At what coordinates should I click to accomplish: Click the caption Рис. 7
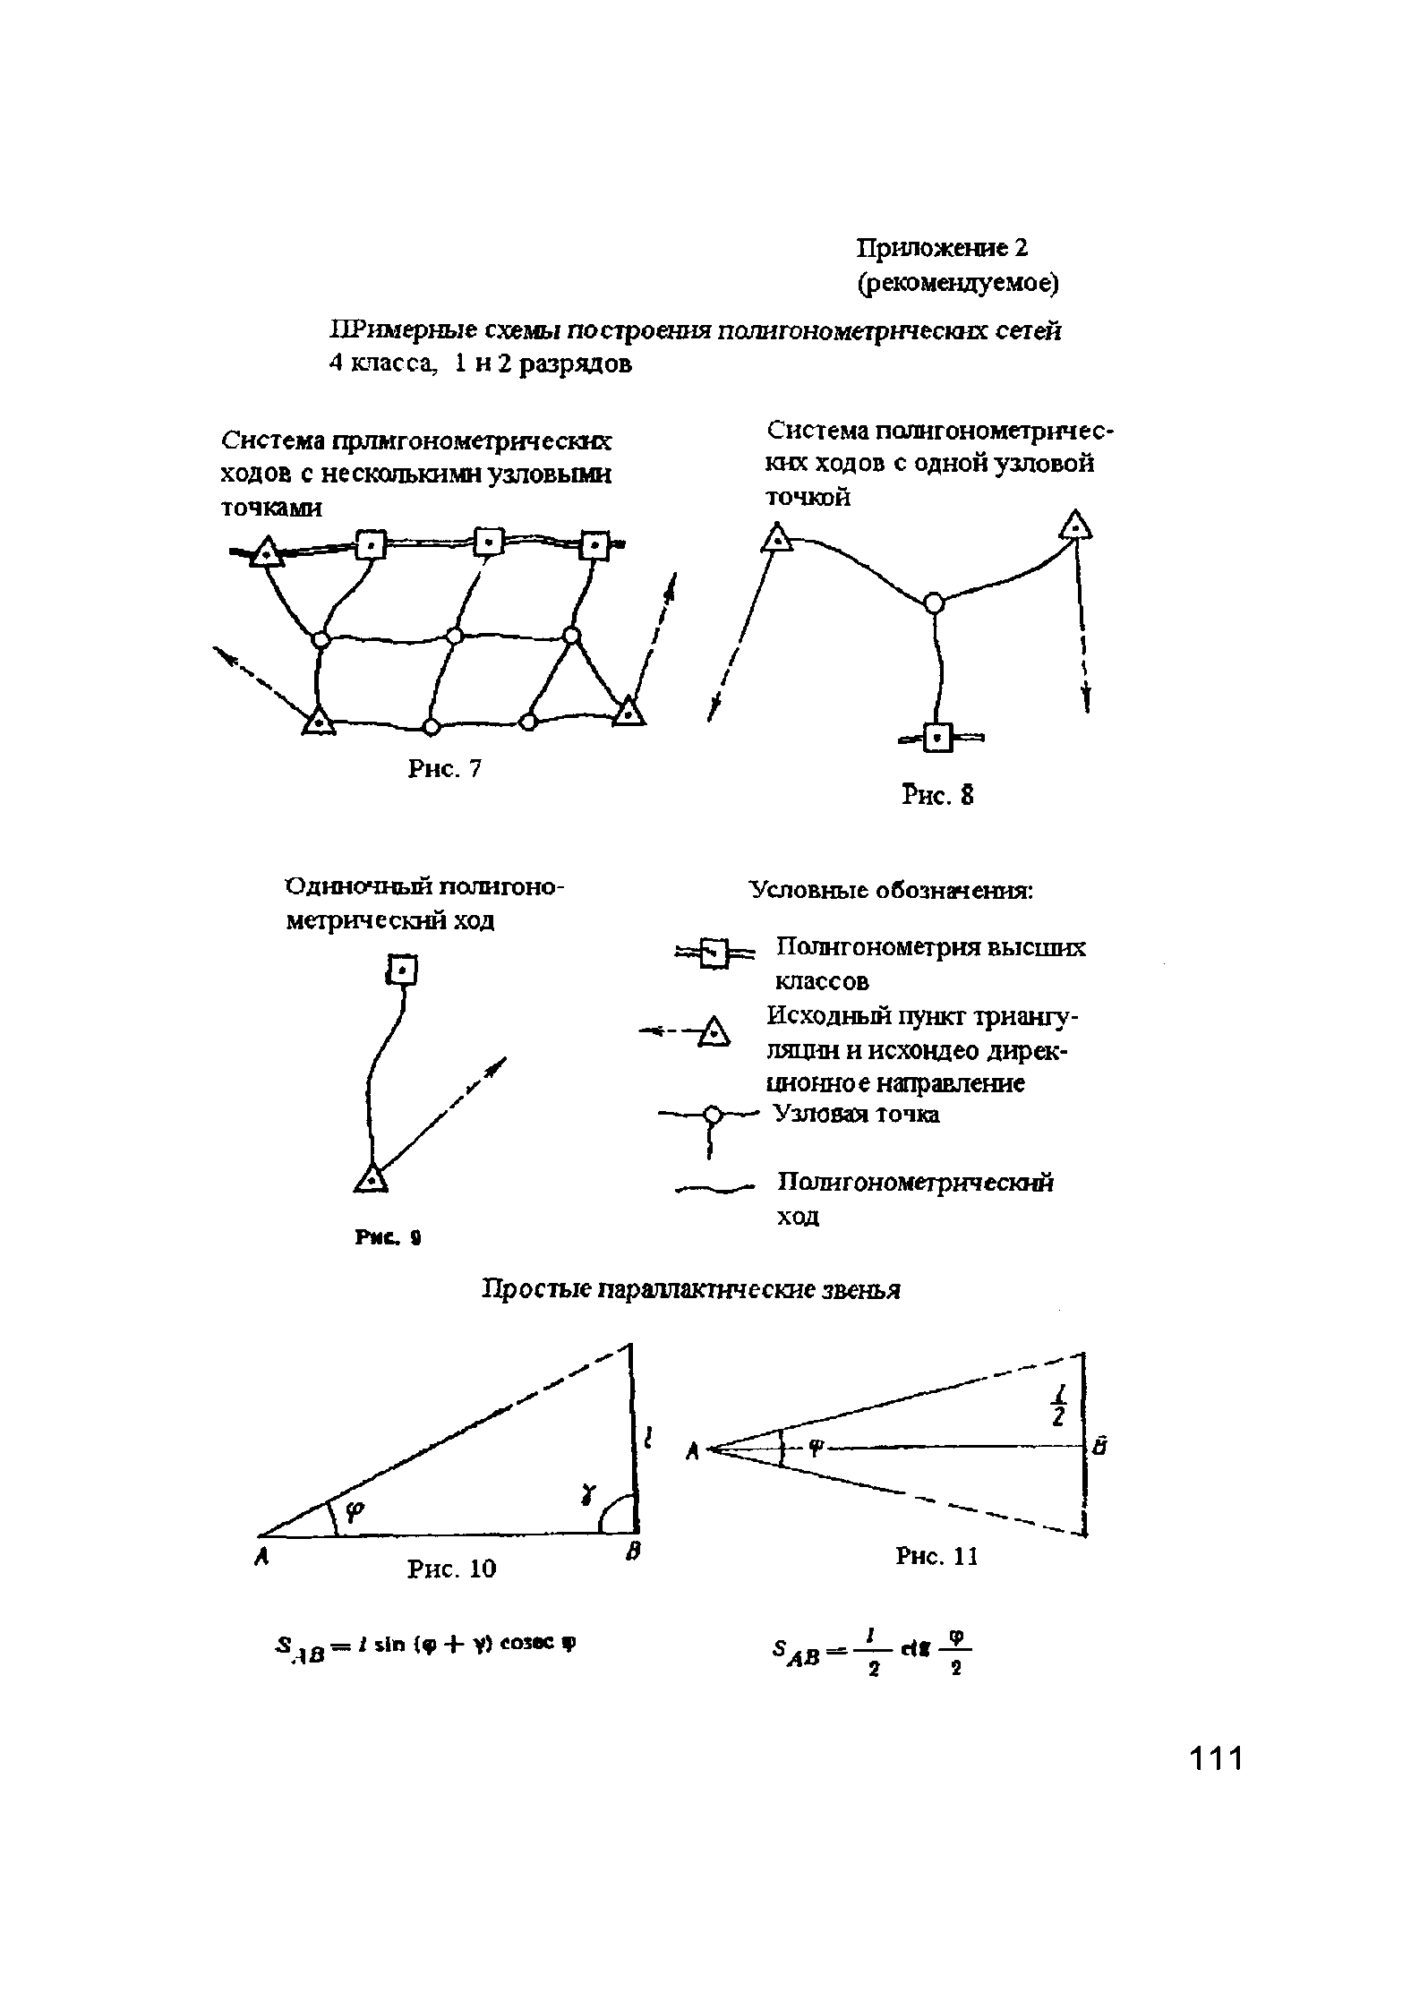(x=445, y=768)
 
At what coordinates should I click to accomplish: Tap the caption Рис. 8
(x=937, y=795)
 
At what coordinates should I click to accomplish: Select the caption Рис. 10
(x=451, y=1569)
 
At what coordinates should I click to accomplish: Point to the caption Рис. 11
(x=936, y=1557)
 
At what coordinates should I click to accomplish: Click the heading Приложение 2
(x=943, y=247)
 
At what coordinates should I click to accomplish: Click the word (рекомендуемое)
(x=958, y=284)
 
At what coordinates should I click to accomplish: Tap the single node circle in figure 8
(x=934, y=603)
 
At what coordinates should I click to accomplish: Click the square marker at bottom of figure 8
(x=936, y=738)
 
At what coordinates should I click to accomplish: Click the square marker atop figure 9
(x=403, y=970)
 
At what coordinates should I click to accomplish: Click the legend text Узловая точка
(x=858, y=1115)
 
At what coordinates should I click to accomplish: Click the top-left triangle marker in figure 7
(x=266, y=553)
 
